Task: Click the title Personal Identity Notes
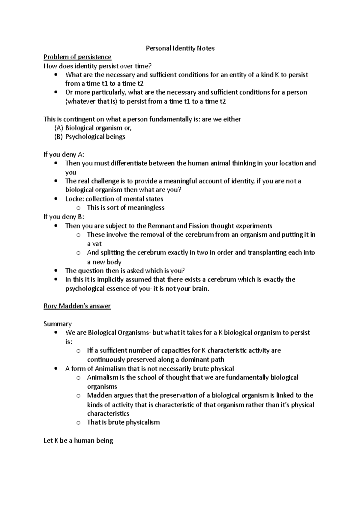[180, 48]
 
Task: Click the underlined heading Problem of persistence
[77, 57]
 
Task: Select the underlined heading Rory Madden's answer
[77, 306]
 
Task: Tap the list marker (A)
[59, 128]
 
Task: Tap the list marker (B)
[59, 137]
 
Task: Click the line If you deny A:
[64, 155]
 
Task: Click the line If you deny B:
[64, 217]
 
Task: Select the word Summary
[58, 324]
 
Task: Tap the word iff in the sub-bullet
[90, 350]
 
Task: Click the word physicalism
[143, 422]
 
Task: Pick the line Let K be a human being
[78, 441]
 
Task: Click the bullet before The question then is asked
[56, 271]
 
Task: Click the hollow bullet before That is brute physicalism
[79, 423]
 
